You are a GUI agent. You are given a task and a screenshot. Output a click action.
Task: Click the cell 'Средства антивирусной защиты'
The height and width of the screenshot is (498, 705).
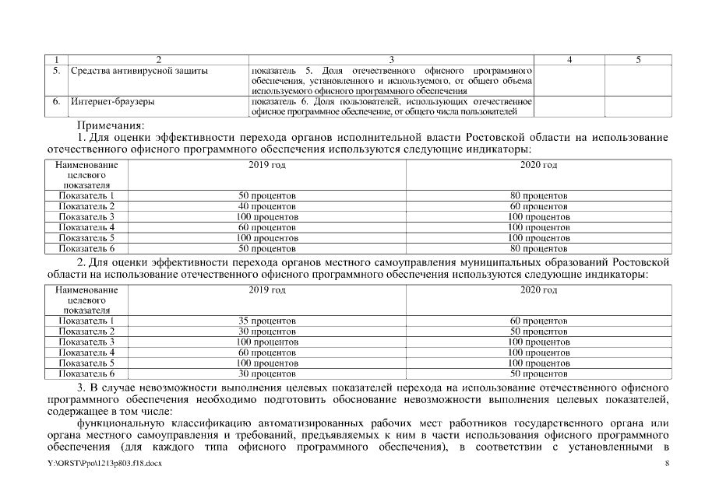click(x=139, y=71)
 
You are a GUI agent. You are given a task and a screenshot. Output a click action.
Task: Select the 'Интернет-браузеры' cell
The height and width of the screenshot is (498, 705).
click(x=113, y=101)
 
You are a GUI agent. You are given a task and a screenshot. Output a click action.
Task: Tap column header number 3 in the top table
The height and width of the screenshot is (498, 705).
click(x=391, y=59)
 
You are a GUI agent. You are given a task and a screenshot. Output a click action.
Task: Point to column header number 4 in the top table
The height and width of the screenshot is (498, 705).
click(x=569, y=59)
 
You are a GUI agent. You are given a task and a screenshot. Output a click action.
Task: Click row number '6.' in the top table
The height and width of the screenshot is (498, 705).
click(x=56, y=101)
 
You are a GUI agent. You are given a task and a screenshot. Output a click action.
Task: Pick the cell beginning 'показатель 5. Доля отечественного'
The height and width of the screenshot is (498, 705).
click(x=391, y=80)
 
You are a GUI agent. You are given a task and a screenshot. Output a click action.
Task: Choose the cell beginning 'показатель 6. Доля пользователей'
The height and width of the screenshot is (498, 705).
click(x=391, y=107)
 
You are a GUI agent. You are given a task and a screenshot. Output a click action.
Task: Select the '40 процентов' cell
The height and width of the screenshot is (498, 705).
click(x=267, y=206)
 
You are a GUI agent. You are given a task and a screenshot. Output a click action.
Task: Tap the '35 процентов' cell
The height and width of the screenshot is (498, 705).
click(x=267, y=321)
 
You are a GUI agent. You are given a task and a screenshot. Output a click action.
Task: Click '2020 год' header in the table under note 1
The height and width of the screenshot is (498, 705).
click(x=538, y=165)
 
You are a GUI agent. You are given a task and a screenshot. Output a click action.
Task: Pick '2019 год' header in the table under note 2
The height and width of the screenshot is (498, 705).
click(x=267, y=289)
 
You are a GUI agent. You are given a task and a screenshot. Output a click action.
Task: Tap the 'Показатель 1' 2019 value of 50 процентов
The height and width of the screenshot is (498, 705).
click(x=267, y=195)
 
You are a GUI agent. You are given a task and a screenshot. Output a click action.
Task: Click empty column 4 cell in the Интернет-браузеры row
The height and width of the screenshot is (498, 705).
click(x=569, y=107)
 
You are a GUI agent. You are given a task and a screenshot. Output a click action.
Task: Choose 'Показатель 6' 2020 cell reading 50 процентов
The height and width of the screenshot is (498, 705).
click(x=538, y=373)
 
